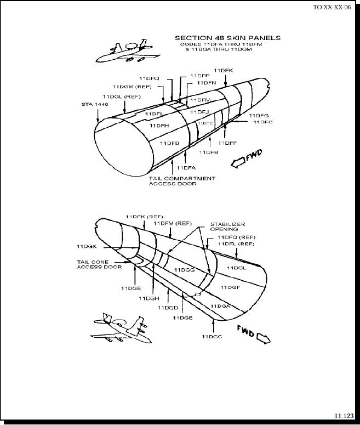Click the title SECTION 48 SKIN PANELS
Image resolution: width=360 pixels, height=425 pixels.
pos(227,38)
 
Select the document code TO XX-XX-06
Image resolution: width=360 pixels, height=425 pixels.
pos(332,7)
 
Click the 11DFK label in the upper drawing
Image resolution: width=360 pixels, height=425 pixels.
pos(223,70)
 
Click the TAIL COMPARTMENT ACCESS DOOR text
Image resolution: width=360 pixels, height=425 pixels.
pos(182,181)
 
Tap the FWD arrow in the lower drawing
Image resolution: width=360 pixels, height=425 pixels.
pos(254,333)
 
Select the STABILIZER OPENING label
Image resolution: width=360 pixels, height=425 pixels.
pos(227,226)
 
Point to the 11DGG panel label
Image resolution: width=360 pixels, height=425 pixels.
pos(184,270)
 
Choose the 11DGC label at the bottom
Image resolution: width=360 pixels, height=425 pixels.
pos(212,336)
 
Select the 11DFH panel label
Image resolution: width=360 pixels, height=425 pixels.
pos(159,126)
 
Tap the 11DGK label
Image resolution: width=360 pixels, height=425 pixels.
pos(87,246)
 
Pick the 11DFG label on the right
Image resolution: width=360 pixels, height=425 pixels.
pos(259,116)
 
